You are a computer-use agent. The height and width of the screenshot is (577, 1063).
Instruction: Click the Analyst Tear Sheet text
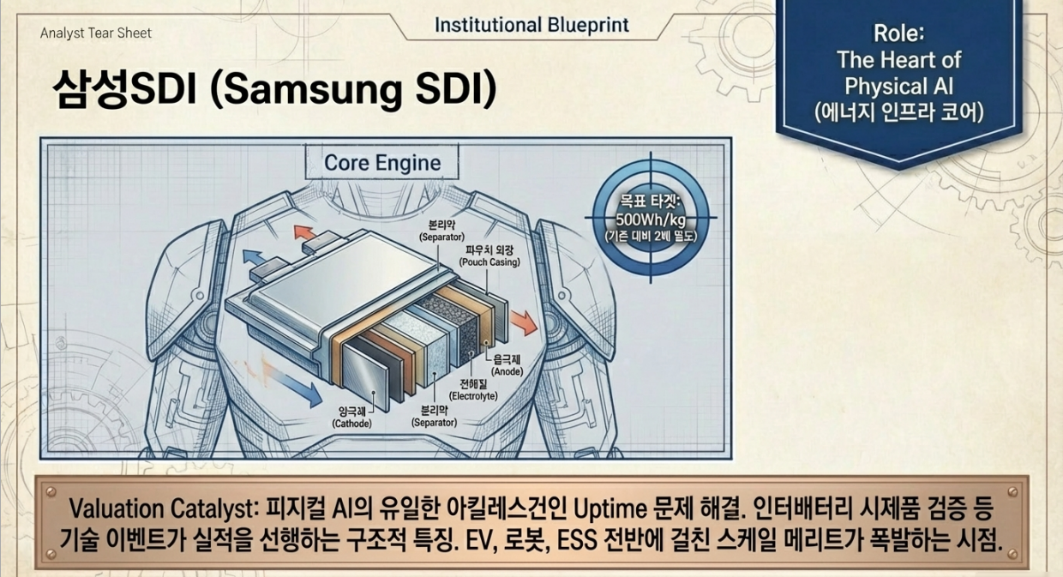tap(95, 33)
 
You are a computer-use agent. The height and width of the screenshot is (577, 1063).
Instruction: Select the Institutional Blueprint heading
tap(531, 25)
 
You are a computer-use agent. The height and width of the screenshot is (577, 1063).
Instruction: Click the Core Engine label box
tap(382, 163)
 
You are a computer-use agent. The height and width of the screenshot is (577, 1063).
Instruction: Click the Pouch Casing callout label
tap(489, 256)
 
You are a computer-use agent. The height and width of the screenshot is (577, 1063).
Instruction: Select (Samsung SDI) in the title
tap(353, 88)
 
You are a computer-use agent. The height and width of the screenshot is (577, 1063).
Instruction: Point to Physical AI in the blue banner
tap(898, 86)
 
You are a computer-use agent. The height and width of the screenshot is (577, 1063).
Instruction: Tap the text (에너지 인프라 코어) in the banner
tap(899, 111)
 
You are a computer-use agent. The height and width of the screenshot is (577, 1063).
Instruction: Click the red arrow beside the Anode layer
tap(520, 323)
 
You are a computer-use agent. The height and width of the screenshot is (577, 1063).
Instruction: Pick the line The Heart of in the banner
tap(898, 60)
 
